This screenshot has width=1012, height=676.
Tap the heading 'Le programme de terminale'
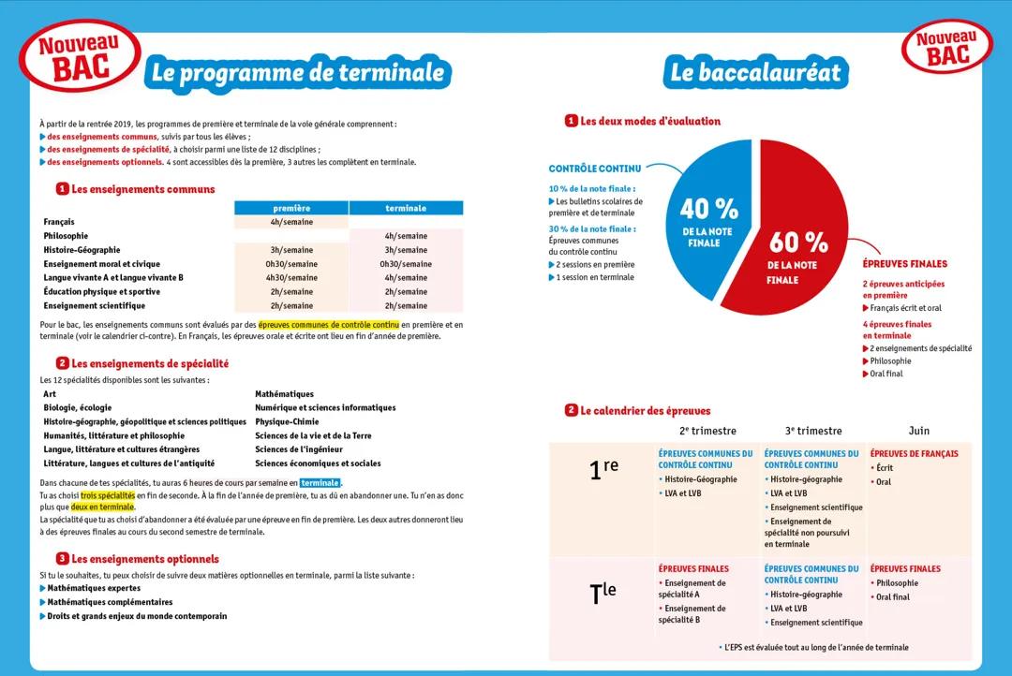tap(297, 73)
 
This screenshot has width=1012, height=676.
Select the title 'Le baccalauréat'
tap(755, 73)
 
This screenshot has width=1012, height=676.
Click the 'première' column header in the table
tap(290, 208)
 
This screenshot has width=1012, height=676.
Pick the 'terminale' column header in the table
tap(405, 208)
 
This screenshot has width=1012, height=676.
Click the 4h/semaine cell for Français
tap(290, 222)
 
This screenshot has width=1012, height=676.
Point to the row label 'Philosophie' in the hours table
tap(66, 236)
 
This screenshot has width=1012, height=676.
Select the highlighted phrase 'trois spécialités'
tap(108, 494)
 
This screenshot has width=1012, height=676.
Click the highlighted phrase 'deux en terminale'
tap(103, 507)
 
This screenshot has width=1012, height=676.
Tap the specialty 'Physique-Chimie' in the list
tap(287, 421)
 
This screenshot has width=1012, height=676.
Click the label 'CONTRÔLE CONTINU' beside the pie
tap(595, 169)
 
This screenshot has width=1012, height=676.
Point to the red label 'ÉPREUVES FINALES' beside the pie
tap(904, 264)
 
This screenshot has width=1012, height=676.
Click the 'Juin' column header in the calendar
tap(918, 431)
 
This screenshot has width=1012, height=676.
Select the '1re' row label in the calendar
tap(603, 468)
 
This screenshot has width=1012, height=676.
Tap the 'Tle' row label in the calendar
tap(603, 592)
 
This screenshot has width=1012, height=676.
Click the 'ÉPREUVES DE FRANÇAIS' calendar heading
tap(914, 454)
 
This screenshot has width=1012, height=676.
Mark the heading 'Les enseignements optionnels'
tap(145, 559)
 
